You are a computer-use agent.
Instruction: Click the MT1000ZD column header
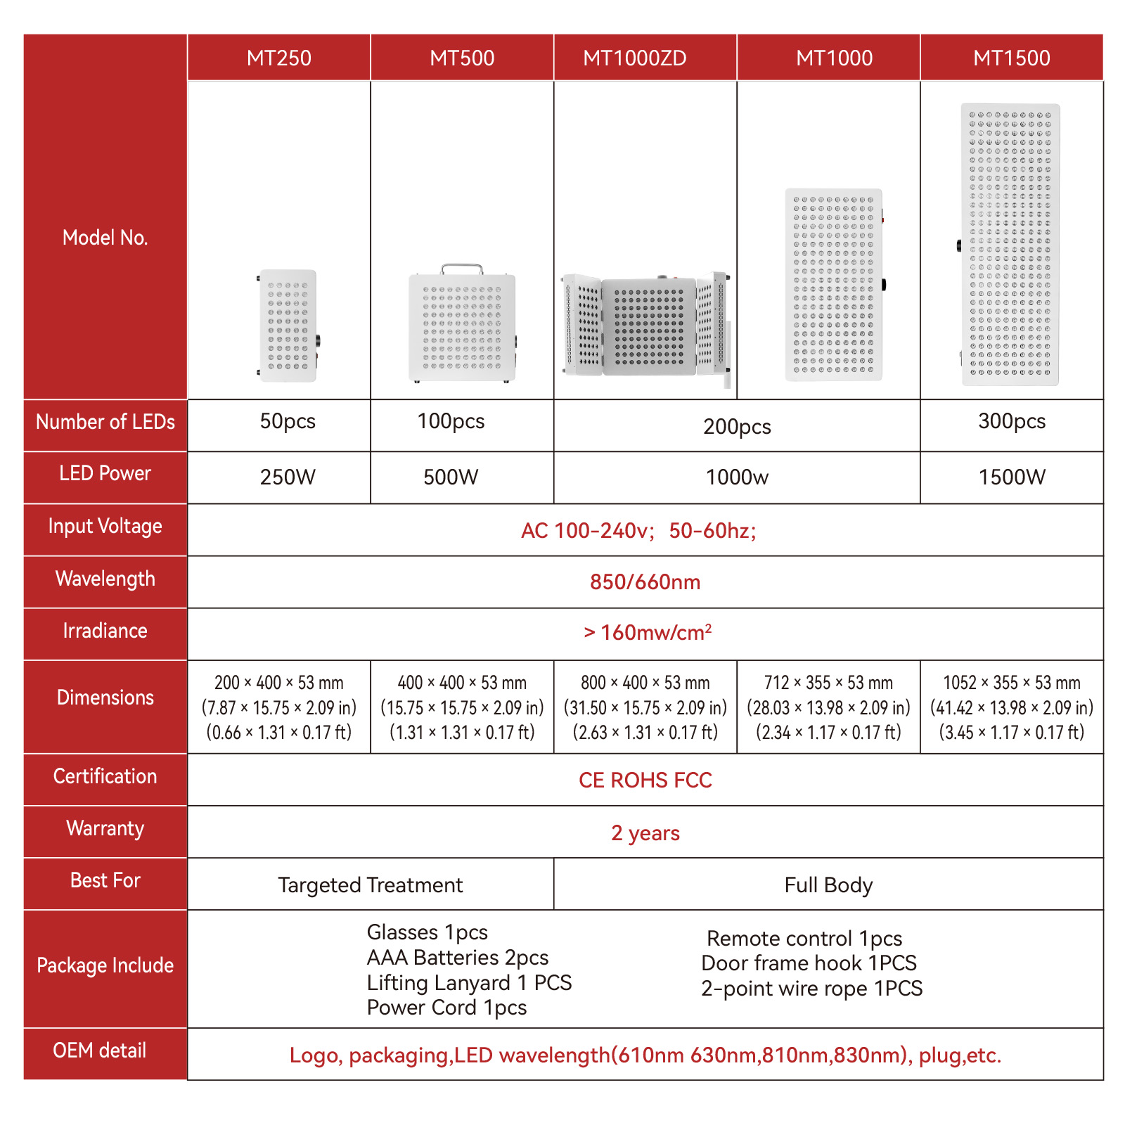pos(634,58)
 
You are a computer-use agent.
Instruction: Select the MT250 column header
pos(278,58)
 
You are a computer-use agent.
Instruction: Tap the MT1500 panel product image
pos(1010,245)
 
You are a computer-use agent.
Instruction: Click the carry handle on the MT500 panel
pos(462,269)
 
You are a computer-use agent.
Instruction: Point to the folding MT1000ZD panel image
pos(645,326)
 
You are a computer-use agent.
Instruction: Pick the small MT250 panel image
pos(288,326)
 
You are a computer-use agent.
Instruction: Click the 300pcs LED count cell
pos(1011,421)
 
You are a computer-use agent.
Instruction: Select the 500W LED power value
pos(451,477)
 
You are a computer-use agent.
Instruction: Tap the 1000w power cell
pos(737,477)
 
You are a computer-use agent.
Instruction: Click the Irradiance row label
pos(105,631)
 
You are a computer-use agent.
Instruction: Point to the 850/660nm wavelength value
pos(645,582)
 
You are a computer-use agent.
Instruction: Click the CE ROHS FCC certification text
pos(645,780)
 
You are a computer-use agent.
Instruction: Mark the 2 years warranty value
pos(645,833)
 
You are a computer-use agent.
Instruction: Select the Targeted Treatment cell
pos(371,885)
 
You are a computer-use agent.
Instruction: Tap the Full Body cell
pos(828,885)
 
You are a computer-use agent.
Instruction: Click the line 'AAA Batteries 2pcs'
pos(457,958)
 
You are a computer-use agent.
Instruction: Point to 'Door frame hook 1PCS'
pos(809,963)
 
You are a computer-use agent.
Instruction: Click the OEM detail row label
pos(100,1050)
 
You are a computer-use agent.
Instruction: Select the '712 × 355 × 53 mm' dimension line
pos(828,683)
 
